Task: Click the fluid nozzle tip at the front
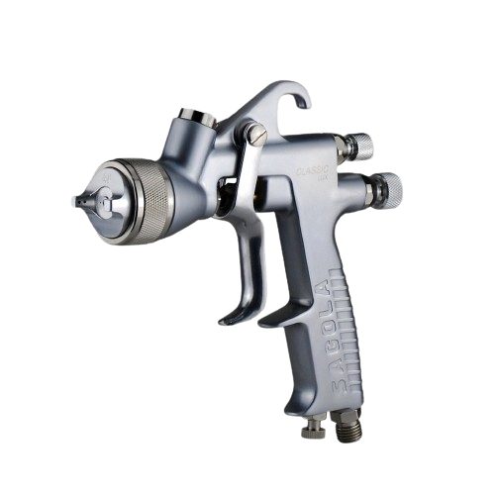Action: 75,201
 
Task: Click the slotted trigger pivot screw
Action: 256,132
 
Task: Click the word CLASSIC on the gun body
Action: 313,169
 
